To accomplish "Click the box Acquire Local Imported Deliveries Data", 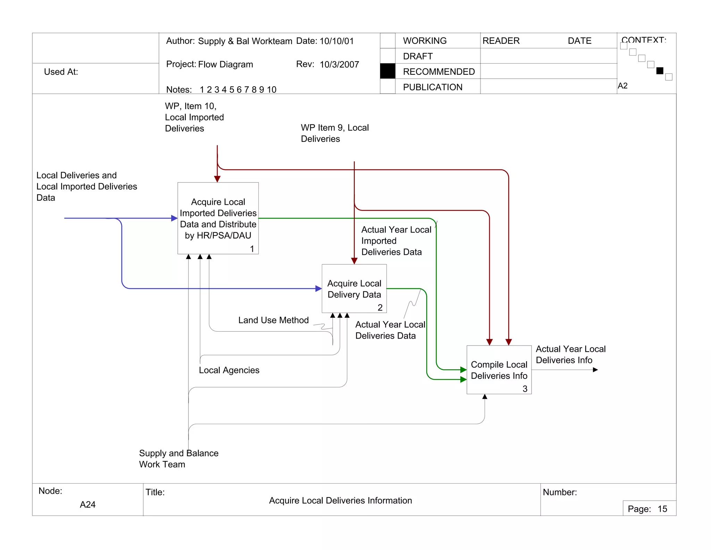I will point(218,218).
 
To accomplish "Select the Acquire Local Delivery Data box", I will point(354,289).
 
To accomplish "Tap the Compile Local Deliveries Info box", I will point(499,370).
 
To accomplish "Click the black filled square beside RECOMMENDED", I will point(387,71).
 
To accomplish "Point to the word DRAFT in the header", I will point(418,56).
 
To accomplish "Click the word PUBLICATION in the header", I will point(433,87).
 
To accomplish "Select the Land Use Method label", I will point(273,320).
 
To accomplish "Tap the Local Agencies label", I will point(229,370).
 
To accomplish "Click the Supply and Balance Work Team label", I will point(178,459).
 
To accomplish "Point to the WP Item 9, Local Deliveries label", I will point(334,133).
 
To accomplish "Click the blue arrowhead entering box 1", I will point(175,218).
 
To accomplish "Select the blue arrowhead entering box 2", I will point(319,289).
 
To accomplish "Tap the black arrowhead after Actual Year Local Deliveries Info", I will point(595,370).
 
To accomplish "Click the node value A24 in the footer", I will point(87,504).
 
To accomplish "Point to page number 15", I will point(662,509).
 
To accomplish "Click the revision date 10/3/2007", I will point(339,65).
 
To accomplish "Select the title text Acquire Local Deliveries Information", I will point(340,501).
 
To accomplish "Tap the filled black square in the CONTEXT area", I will point(660,71).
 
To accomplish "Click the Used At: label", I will point(61,72).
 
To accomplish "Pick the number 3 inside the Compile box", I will point(525,389).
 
